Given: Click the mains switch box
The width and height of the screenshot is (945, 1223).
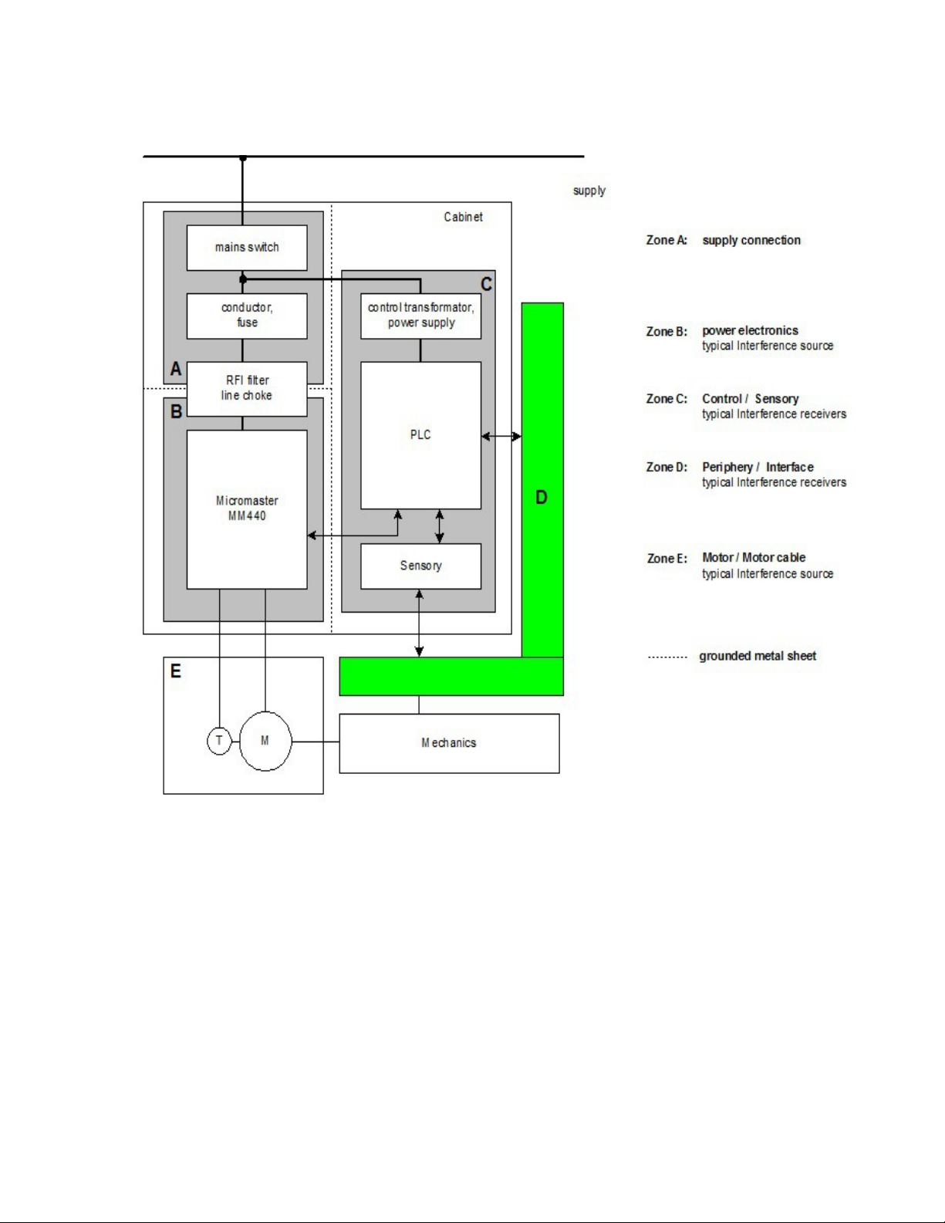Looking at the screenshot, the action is tap(247, 248).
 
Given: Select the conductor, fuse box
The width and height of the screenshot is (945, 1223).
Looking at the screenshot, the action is tap(247, 316).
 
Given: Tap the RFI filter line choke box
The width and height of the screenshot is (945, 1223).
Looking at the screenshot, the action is tap(247, 389).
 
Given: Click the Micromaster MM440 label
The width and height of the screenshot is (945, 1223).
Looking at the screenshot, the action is tap(247, 508).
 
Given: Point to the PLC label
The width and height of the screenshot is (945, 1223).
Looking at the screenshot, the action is tap(420, 434).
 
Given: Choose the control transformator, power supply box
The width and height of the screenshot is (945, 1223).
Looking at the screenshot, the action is tap(420, 316).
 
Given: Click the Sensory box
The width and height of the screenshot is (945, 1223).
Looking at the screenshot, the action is tap(420, 566).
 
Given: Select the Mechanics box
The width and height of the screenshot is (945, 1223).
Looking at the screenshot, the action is tap(450, 744).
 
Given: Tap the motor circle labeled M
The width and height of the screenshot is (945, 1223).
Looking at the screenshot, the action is tap(265, 741).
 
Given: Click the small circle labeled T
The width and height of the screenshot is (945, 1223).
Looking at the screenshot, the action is tap(219, 741).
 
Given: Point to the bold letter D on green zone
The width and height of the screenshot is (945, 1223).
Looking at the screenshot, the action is tap(541, 498).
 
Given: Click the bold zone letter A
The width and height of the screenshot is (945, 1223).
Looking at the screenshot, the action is tap(176, 369).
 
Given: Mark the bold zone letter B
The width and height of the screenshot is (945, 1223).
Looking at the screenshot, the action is tap(176, 411).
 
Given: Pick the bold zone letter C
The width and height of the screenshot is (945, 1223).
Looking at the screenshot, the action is tap(487, 284).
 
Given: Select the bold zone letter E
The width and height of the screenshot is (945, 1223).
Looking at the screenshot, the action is tap(176, 671).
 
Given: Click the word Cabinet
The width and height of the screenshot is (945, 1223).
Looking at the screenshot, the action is tap(463, 218).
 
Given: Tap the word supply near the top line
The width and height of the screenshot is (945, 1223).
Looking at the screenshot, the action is tap(589, 191).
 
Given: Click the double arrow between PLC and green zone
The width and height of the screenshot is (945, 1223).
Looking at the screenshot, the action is tap(501, 436).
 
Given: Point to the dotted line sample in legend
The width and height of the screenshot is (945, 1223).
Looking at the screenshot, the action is tap(668, 657).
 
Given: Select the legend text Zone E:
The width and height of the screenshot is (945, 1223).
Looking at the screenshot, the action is tap(667, 559).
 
